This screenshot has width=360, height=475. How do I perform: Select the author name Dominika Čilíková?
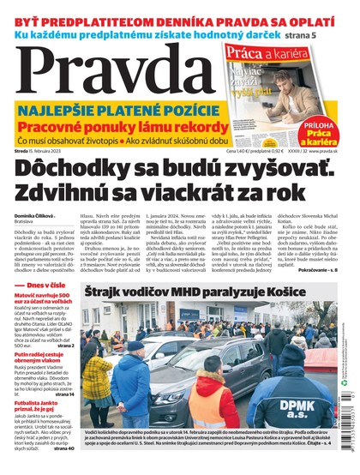pyautogui.click(x=35, y=215)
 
